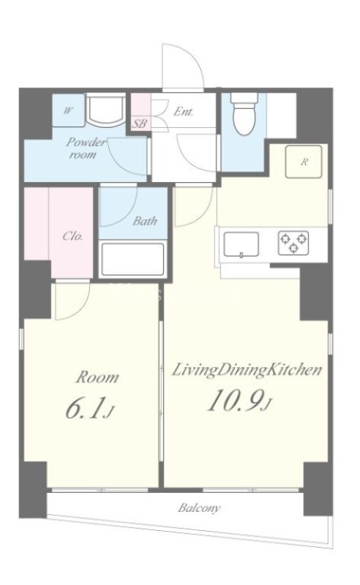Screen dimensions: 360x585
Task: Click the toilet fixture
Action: (244, 113)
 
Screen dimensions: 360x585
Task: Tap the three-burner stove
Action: (293, 244)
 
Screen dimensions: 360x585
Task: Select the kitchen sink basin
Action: (241, 244)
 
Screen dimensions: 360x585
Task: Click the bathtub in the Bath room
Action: (133, 260)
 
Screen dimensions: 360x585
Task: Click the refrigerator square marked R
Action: (304, 162)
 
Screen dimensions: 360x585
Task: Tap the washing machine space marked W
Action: (68, 110)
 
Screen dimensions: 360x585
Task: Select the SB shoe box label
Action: (140, 124)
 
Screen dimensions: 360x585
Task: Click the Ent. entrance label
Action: (184, 111)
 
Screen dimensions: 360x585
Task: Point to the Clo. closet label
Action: (72, 236)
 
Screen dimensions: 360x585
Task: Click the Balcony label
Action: (199, 508)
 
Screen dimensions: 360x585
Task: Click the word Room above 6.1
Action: (97, 377)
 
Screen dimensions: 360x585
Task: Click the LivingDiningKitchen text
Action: (247, 371)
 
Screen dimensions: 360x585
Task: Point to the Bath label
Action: (146, 221)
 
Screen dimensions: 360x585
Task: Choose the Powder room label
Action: (85, 148)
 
